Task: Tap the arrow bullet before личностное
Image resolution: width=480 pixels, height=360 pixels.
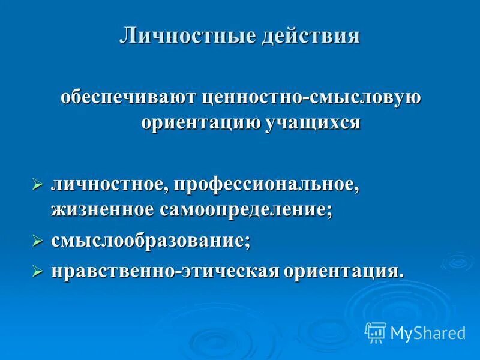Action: (x=37, y=185)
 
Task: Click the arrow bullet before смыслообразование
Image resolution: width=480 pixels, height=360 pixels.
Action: (x=37, y=241)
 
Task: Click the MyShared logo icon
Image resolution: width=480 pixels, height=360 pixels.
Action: (x=375, y=332)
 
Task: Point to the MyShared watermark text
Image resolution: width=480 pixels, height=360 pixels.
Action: (x=428, y=332)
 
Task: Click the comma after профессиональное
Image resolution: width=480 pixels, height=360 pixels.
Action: (x=357, y=188)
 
